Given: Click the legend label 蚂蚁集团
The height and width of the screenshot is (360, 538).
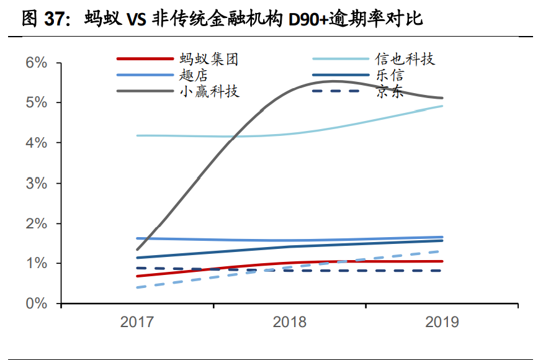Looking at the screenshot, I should point(209,60).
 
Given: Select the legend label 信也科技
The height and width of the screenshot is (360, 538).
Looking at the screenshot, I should point(405,60).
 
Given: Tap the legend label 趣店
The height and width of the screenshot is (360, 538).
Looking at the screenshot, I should point(193,76).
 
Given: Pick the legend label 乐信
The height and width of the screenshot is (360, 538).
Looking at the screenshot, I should point(390,76).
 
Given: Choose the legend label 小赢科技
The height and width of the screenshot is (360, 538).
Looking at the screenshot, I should point(209,92).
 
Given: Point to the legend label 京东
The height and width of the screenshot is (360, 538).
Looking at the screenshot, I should point(390,92).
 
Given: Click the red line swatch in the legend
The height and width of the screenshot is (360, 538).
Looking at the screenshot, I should point(145,60).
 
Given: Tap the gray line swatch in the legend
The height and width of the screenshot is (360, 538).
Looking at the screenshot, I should point(145,92).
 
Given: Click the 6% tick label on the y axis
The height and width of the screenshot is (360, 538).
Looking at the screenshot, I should point(37,63).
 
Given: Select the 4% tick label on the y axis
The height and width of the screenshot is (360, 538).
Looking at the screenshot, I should point(37,143).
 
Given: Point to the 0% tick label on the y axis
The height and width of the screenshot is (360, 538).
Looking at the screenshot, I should point(37,304).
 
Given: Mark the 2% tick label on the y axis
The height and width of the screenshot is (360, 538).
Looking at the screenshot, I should point(37,223).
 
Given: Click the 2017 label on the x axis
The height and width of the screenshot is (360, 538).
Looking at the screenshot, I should point(137,322).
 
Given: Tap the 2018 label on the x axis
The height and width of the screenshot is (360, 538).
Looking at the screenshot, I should point(289,322).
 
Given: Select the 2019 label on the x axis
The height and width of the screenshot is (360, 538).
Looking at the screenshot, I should point(442,322).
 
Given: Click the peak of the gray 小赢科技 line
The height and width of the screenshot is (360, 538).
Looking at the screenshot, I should point(334,81).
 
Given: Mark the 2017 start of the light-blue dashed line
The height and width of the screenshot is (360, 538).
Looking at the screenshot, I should point(137,287).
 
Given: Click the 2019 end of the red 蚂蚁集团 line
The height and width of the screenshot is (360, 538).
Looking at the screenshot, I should point(442,261).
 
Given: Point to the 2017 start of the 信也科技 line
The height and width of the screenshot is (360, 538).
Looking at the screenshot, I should point(137,135).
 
